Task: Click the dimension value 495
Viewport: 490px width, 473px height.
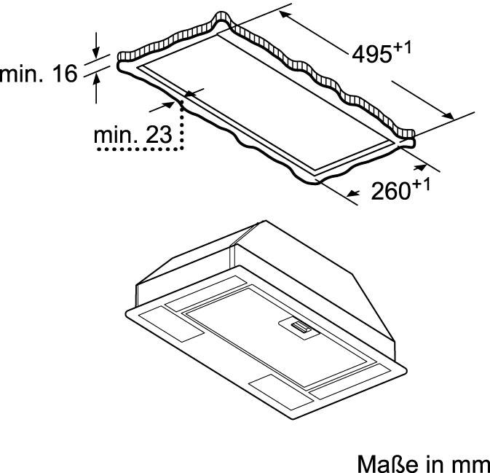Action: [372, 54]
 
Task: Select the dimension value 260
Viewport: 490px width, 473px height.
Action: [390, 190]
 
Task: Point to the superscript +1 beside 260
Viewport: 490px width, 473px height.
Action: [421, 185]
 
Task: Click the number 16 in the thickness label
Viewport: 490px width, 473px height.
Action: [64, 74]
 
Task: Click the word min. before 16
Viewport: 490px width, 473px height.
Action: [22, 74]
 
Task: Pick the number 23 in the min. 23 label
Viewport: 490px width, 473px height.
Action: [159, 135]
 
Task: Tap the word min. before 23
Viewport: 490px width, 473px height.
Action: [115, 135]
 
